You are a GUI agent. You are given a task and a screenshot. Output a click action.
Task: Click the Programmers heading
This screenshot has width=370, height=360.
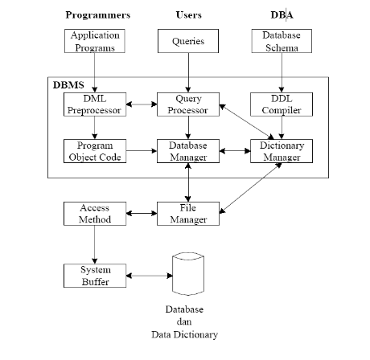(97, 14)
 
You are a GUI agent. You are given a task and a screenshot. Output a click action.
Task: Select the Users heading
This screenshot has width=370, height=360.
(188, 14)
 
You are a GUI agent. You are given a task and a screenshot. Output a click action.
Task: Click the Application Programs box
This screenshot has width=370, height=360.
(95, 42)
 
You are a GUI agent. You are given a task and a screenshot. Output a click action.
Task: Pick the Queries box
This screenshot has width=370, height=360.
(188, 42)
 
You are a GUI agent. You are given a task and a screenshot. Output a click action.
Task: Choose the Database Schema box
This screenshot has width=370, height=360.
(282, 42)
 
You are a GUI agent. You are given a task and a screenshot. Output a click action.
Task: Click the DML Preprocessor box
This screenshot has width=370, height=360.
(95, 104)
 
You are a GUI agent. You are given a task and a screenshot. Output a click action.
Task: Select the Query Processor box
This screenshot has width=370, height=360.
(188, 104)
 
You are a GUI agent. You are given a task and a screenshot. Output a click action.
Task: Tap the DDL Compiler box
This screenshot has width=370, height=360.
(282, 104)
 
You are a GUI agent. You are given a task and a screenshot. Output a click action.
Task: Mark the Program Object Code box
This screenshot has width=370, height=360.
(95, 151)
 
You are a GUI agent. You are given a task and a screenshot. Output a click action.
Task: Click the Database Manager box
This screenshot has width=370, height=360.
(188, 151)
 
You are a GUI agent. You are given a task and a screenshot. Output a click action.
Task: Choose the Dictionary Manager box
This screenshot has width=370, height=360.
(282, 151)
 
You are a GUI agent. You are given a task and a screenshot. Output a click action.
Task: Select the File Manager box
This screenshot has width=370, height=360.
(188, 214)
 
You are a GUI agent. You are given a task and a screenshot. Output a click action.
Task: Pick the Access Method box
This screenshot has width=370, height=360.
(95, 214)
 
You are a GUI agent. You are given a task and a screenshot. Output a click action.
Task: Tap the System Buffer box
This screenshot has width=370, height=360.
(95, 275)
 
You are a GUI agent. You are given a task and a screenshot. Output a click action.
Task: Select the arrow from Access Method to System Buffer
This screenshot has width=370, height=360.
(95, 244)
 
